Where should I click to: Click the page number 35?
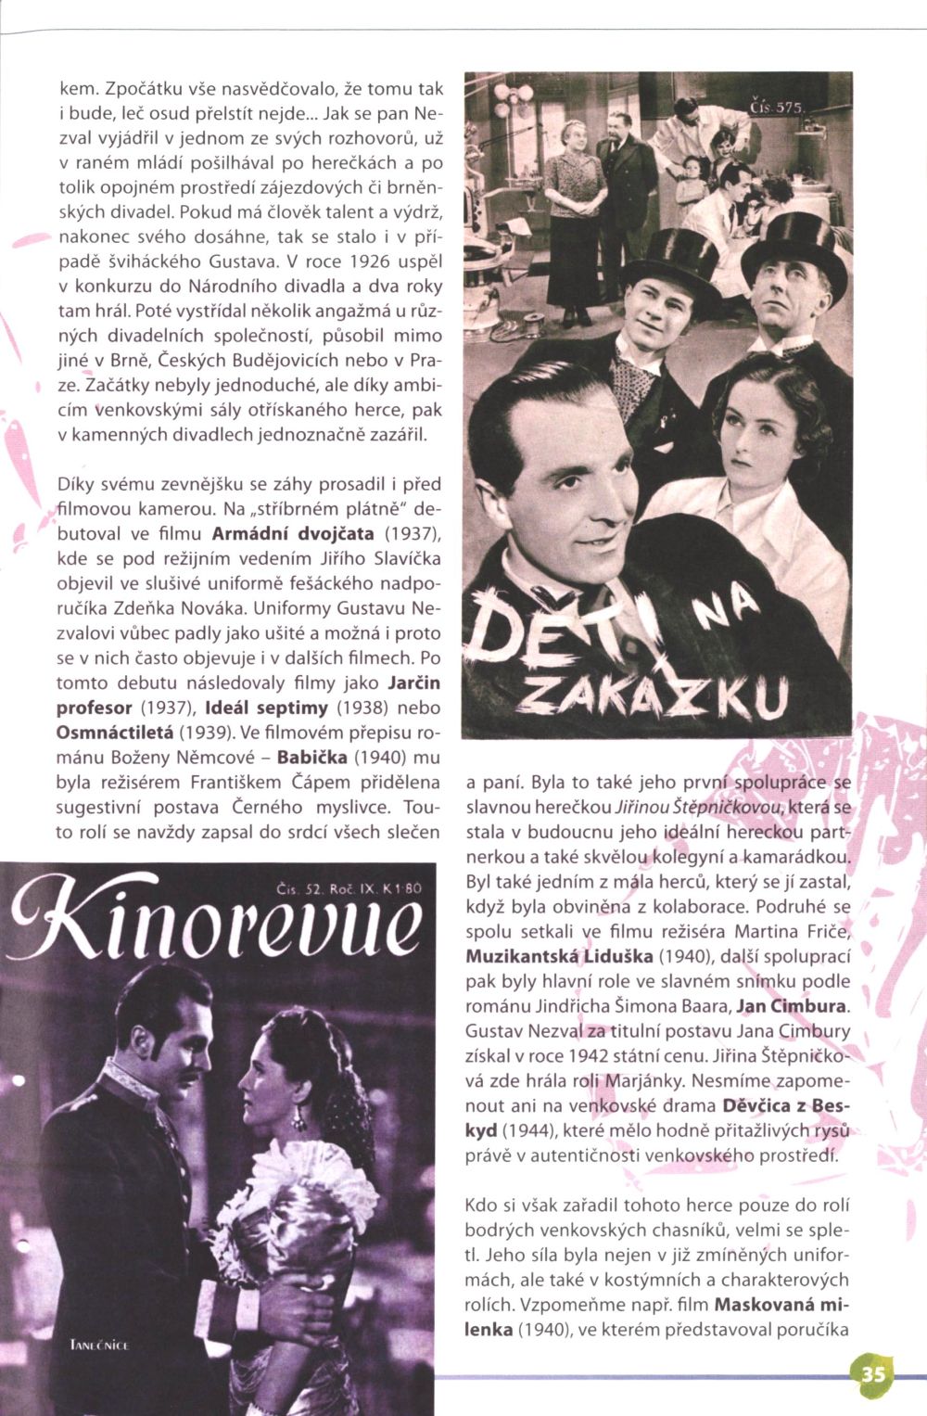coord(873,1373)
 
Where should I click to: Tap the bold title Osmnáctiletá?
coord(117,732)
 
